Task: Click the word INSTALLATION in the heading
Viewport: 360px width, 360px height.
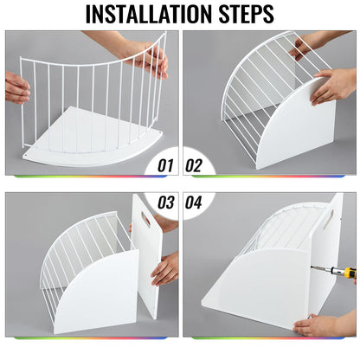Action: (x=148, y=14)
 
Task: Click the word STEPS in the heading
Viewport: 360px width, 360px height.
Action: (x=246, y=14)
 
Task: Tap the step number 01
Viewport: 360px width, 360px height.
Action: (x=165, y=165)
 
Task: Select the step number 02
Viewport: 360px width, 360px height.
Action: (x=194, y=165)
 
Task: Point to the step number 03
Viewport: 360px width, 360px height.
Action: (x=166, y=202)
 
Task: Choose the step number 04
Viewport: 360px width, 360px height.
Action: (x=194, y=202)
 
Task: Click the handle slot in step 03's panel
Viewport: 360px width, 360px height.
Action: (x=145, y=219)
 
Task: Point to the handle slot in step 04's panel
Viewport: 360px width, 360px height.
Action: (x=328, y=220)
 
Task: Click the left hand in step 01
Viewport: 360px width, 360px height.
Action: (x=16, y=87)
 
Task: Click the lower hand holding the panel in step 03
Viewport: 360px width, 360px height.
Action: (x=165, y=269)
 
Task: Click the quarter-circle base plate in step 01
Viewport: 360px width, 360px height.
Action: (x=93, y=138)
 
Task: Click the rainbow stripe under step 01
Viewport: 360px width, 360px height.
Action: (x=90, y=176)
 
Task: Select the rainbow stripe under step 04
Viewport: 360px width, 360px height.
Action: (x=268, y=337)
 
